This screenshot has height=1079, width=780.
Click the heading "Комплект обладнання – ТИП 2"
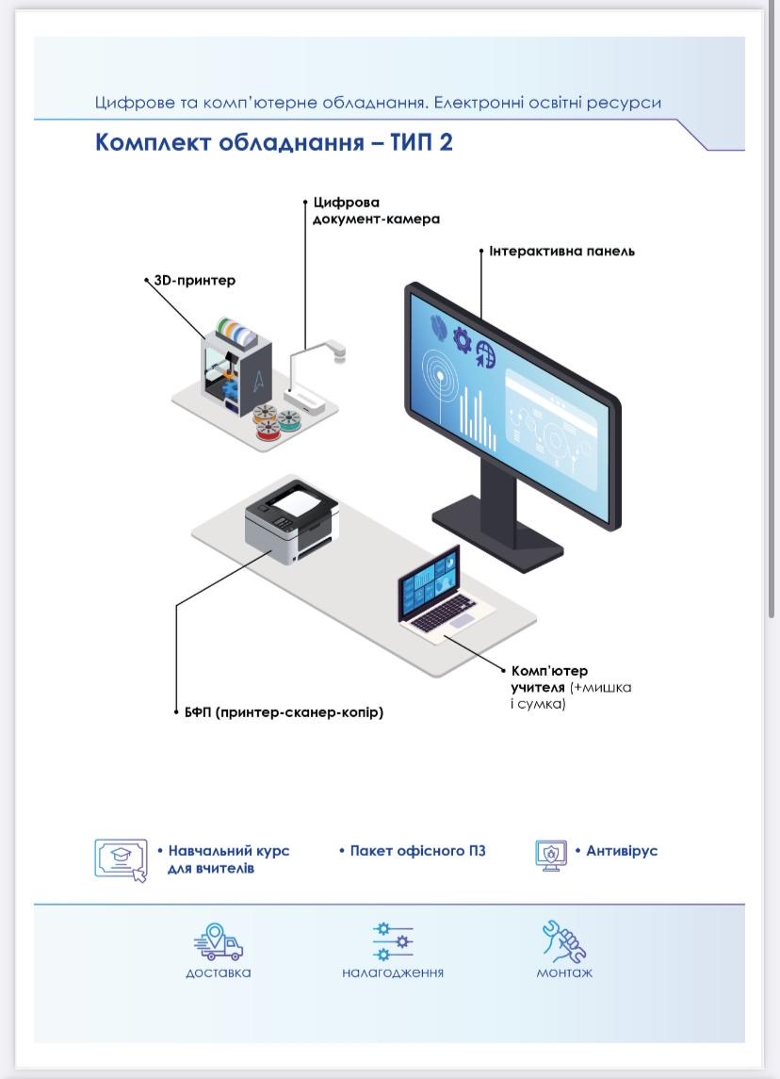point(274,142)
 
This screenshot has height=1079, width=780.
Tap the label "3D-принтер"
point(195,281)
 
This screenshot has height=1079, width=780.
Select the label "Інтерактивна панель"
point(561,252)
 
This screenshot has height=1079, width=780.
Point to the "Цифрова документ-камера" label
point(376,211)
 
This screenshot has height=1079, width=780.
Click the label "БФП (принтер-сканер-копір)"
point(284,712)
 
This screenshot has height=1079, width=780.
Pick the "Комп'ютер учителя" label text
point(550,678)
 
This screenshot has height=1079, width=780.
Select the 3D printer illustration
point(236,364)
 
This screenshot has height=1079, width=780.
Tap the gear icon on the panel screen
point(462,339)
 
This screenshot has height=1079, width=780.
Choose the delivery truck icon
point(219,942)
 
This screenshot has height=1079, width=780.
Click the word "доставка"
point(219,973)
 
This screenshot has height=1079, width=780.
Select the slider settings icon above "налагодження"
point(393,940)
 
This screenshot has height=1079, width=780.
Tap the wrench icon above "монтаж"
point(563,940)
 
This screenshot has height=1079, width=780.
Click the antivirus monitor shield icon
point(551,855)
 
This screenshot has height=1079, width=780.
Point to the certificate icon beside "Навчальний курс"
point(122,858)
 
